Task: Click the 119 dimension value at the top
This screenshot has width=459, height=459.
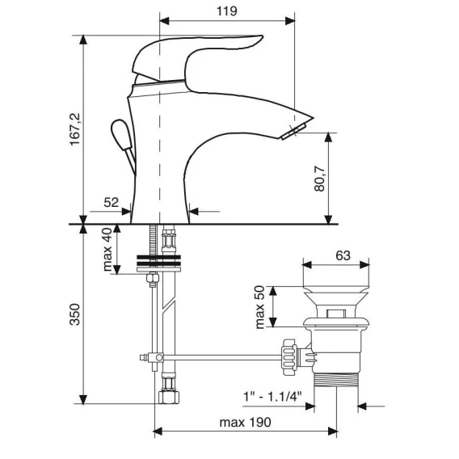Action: click(x=227, y=11)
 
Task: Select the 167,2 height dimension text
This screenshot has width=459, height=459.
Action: click(x=74, y=129)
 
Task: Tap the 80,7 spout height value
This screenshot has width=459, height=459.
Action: click(x=319, y=179)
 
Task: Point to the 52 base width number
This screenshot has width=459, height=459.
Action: click(x=112, y=203)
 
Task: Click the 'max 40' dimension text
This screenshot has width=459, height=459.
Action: click(x=107, y=250)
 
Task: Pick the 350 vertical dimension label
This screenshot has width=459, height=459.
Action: click(x=74, y=314)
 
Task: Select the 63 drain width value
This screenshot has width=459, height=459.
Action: click(x=343, y=255)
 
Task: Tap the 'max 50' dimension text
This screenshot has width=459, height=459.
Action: click(x=259, y=307)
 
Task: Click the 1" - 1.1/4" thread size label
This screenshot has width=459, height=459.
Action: click(x=272, y=397)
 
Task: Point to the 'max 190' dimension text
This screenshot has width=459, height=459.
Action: click(x=246, y=423)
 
